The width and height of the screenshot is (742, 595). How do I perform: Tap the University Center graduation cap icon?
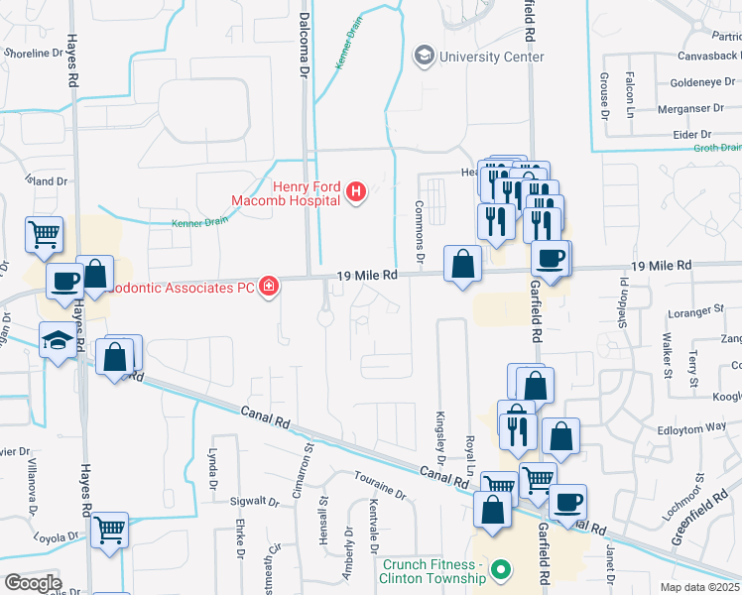pos(425,55)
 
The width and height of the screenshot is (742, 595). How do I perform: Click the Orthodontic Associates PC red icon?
pos(268,288)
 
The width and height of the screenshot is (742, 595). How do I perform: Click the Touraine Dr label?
pos(379,485)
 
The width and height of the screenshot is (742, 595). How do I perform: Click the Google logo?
pos(33,583)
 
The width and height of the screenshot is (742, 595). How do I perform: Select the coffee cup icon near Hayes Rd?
pos(65,281)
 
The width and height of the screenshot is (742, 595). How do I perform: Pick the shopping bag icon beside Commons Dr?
pos(462,264)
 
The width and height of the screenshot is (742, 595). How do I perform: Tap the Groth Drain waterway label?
pos(716,148)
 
